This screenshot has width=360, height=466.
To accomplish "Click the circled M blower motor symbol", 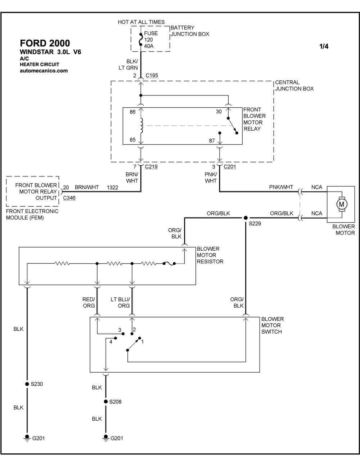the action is pyautogui.click(x=341, y=204).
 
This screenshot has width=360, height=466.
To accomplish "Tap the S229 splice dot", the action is pyautogui.click(x=246, y=218).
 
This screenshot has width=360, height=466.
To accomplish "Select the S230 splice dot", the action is pyautogui.click(x=27, y=384).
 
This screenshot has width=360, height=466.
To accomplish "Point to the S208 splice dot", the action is pyautogui.click(x=105, y=402).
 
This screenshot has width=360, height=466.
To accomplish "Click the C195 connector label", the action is pyautogui.click(x=152, y=76).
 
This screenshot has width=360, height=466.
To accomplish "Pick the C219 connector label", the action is pyautogui.click(x=151, y=167).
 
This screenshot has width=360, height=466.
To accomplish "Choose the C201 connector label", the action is pyautogui.click(x=230, y=167).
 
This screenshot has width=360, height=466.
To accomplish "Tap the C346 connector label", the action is pyautogui.click(x=69, y=198).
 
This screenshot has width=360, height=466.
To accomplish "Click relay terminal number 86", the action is pyautogui.click(x=132, y=112).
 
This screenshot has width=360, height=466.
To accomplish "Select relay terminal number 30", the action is pyautogui.click(x=219, y=112).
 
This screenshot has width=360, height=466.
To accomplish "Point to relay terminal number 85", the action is pyautogui.click(x=132, y=140).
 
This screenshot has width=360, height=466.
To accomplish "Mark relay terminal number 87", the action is pyautogui.click(x=212, y=141).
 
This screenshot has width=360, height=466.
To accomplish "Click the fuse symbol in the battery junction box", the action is pyautogui.click(x=141, y=40).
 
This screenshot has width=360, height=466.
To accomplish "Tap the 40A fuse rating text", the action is pyautogui.click(x=149, y=46).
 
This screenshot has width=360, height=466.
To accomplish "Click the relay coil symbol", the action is pyautogui.click(x=141, y=125).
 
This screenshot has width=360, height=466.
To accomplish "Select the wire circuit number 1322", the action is pyautogui.click(x=112, y=187).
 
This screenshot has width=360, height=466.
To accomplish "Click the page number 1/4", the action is pyautogui.click(x=324, y=46).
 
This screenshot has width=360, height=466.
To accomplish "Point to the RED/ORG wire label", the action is pyautogui.click(x=89, y=303).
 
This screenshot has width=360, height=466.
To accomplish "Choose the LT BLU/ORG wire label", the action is pyautogui.click(x=120, y=303).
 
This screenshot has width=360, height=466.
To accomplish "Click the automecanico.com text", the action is pyautogui.click(x=44, y=71).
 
